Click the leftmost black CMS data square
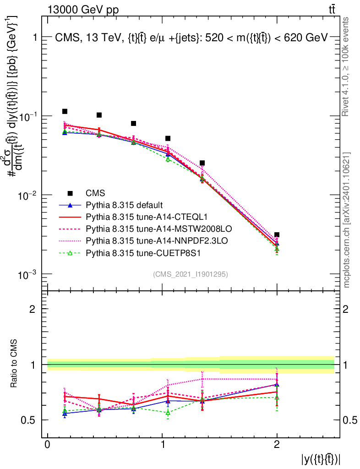[65, 111]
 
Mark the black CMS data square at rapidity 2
[277, 235]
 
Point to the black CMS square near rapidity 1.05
[168, 138]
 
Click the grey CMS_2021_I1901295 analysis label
[191, 274]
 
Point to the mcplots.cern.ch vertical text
[347, 220]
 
